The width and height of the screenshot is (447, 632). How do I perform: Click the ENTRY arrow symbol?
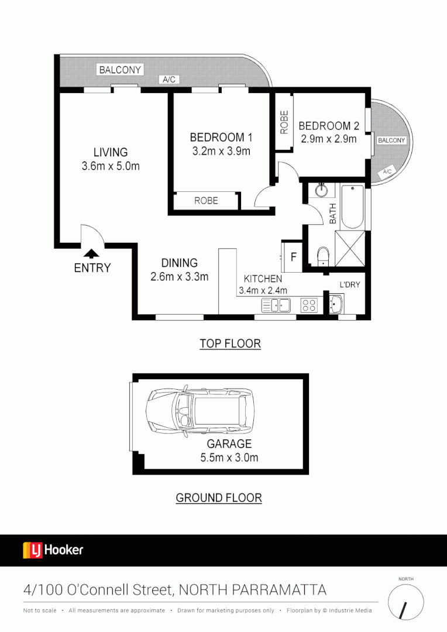(91, 253)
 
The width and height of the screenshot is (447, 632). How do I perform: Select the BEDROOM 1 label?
(221, 138)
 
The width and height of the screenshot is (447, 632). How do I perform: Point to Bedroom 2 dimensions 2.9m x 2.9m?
(328, 140)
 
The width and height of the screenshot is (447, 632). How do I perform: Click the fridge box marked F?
(293, 257)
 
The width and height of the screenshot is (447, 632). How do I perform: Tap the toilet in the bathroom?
(322, 256)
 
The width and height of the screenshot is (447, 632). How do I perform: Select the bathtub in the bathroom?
(353, 207)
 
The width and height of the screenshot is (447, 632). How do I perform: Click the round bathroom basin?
(321, 190)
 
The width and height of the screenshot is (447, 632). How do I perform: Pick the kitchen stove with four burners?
(308, 305)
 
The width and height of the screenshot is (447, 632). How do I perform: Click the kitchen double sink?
(276, 305)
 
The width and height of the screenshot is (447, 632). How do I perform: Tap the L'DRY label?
(349, 284)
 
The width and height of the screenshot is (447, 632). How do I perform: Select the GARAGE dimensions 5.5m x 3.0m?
(229, 458)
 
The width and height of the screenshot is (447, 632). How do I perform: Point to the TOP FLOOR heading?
(230, 344)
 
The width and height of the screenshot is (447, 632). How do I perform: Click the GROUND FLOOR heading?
(219, 498)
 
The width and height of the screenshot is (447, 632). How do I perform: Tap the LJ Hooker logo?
(53, 550)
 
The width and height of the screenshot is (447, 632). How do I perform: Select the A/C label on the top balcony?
(169, 79)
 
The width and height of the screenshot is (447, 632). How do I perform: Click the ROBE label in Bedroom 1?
(206, 201)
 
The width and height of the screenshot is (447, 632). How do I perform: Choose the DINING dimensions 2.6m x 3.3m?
(179, 277)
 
